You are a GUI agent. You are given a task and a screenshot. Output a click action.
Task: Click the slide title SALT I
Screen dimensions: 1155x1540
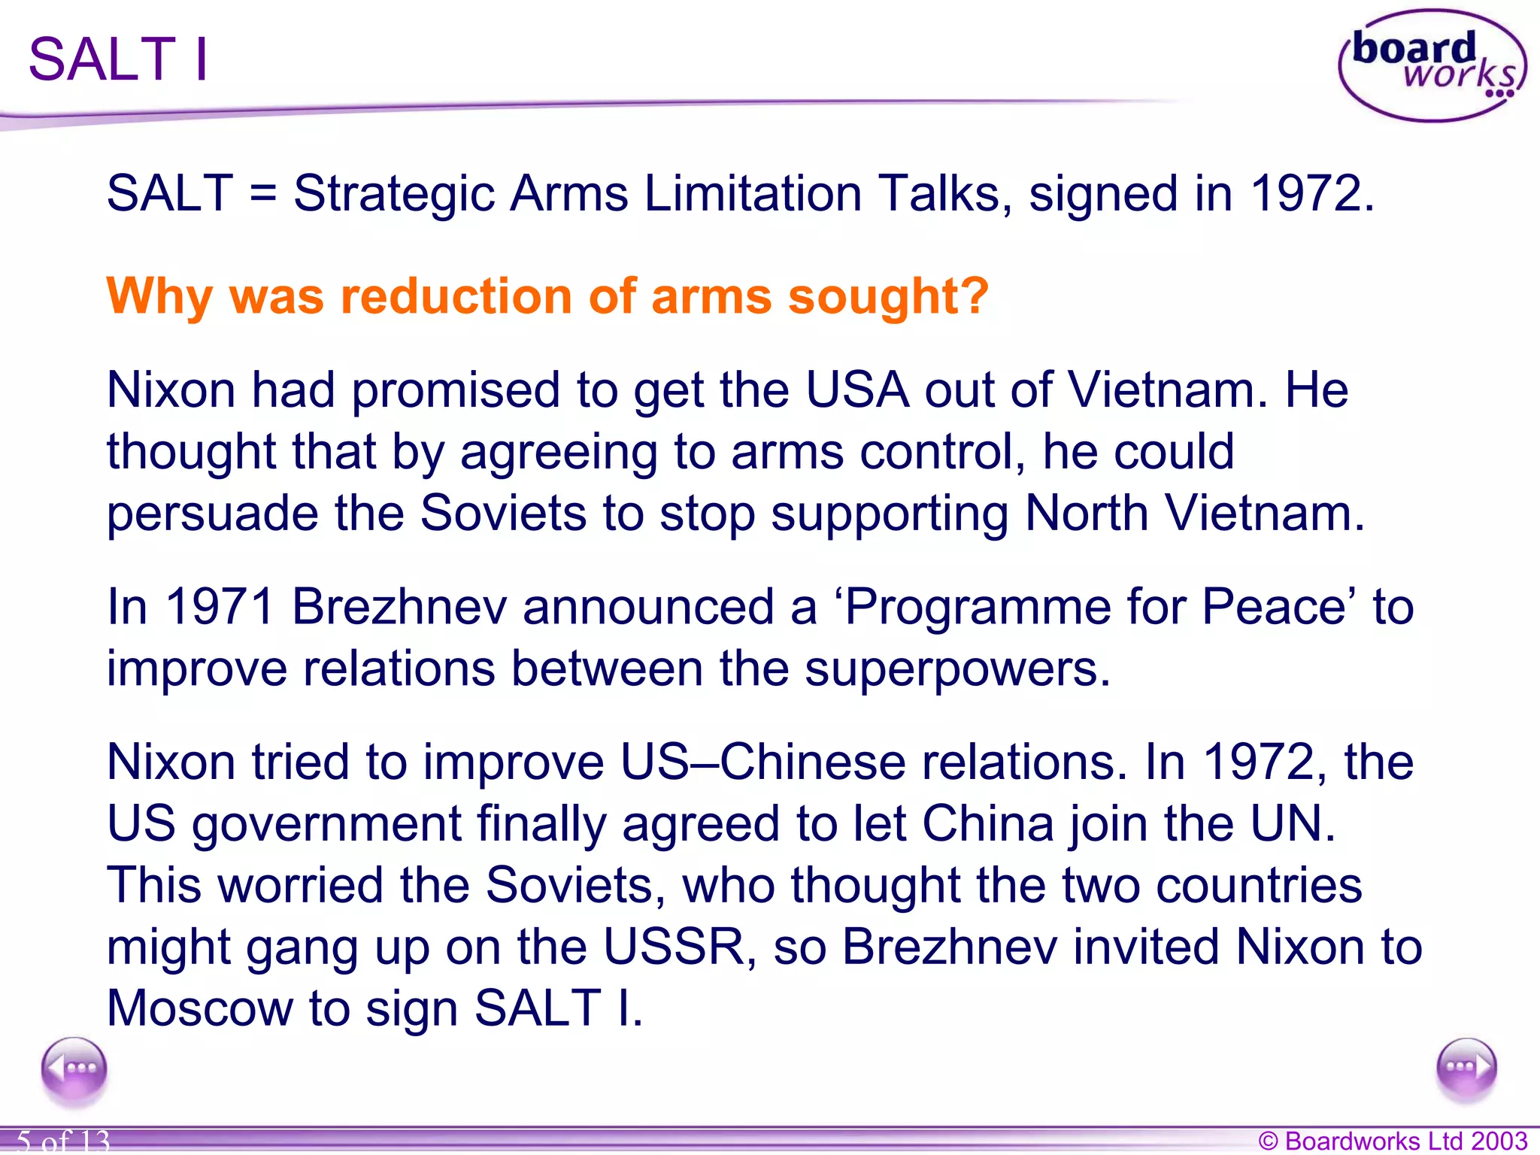pyautogui.click(x=118, y=59)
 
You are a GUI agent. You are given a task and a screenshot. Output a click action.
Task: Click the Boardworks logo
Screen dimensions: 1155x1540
pyautogui.click(x=1432, y=65)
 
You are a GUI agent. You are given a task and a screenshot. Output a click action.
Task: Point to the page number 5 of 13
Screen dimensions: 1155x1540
pyautogui.click(x=63, y=1140)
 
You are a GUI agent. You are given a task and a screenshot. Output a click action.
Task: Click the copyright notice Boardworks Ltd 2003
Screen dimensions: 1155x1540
pyautogui.click(x=1393, y=1141)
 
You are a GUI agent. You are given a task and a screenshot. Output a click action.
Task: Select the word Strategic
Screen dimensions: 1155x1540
pyautogui.click(x=393, y=194)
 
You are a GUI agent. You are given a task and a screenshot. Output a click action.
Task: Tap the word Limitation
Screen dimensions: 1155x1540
pyautogui.click(x=753, y=194)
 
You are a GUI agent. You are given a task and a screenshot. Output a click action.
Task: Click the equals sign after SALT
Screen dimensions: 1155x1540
pyautogui.click(x=263, y=194)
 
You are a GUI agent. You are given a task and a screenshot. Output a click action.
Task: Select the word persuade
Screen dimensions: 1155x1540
pyautogui.click(x=213, y=514)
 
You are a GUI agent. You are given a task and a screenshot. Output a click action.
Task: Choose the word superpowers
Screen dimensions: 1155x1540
pyautogui.click(x=956, y=668)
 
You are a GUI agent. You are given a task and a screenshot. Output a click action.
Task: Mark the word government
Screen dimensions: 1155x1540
pyautogui.click(x=327, y=824)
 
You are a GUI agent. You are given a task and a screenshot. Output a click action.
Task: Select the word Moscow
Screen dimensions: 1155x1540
pyautogui.click(x=200, y=1008)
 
